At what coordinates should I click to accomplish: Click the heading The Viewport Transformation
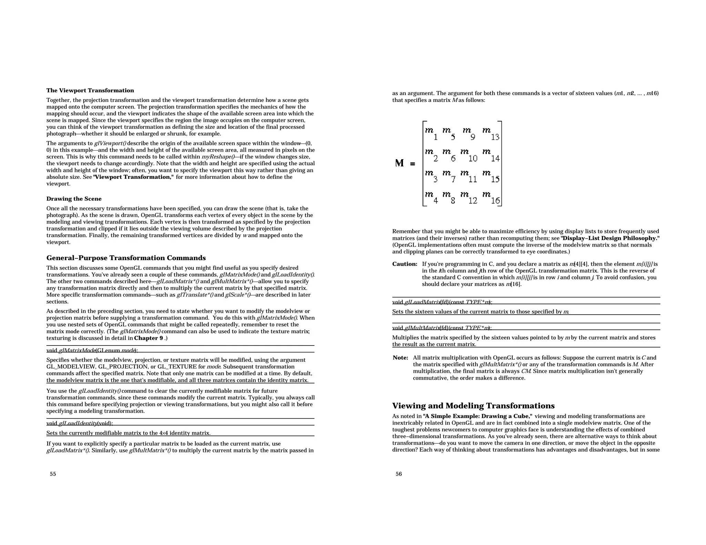click(x=90, y=91)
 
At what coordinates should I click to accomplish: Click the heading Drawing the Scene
click(x=74, y=199)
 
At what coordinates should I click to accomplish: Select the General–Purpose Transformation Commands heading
click(x=126, y=258)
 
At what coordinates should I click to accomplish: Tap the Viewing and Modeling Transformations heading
click(x=473, y=405)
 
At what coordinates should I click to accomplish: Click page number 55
click(x=53, y=474)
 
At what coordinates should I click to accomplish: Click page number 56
click(x=399, y=474)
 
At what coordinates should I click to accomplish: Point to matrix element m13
click(x=491, y=133)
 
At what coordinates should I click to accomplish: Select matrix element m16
click(x=491, y=197)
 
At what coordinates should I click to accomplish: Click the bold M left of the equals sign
click(x=400, y=163)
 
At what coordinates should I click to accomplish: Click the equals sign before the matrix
click(x=413, y=164)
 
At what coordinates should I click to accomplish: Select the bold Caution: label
click(x=405, y=264)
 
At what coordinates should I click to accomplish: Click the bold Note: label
click(x=400, y=358)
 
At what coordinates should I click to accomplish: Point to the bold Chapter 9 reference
click(x=149, y=338)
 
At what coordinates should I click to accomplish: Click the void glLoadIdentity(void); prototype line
click(x=80, y=423)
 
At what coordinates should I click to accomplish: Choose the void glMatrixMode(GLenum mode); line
click(x=92, y=351)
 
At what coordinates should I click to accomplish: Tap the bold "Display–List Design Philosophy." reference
click(x=610, y=238)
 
